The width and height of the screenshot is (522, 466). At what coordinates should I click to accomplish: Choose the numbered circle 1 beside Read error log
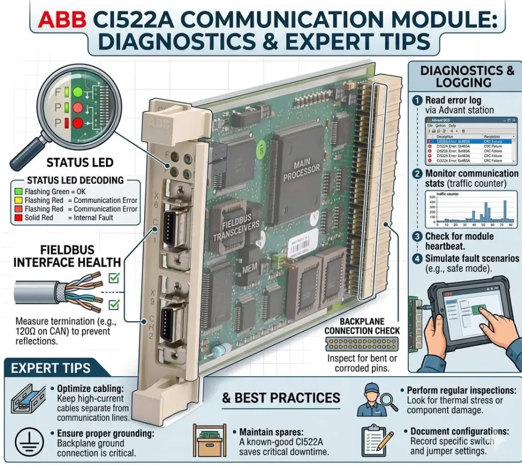417,100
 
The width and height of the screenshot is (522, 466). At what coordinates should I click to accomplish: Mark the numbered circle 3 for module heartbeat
417,237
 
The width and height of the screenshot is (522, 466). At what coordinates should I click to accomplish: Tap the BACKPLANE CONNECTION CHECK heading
362,326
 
